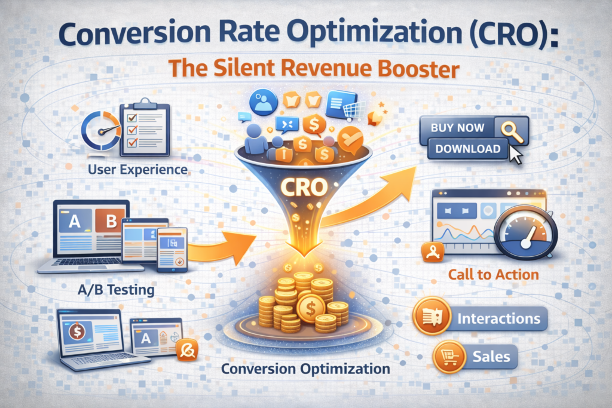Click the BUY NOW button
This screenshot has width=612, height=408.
point(457,128)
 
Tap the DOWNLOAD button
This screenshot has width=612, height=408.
point(468,149)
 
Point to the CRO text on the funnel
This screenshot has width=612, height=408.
point(304,187)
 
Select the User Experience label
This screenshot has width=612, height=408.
point(138,170)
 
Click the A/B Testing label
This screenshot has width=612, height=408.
point(116,290)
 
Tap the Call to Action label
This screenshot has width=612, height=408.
point(493,275)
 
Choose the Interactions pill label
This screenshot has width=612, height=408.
point(499,318)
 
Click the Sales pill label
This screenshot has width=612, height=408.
point(491,357)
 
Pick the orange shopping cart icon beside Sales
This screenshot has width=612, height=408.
point(449,357)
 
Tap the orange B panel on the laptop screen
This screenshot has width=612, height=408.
point(110,221)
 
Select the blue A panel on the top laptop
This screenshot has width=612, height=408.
point(75,221)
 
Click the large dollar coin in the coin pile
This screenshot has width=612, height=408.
point(311,309)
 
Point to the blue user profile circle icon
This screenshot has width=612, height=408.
point(264,103)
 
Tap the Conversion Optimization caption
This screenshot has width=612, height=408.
point(305,369)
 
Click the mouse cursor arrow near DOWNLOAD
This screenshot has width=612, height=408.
point(515,155)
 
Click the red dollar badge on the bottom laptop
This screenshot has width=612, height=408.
point(77,332)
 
